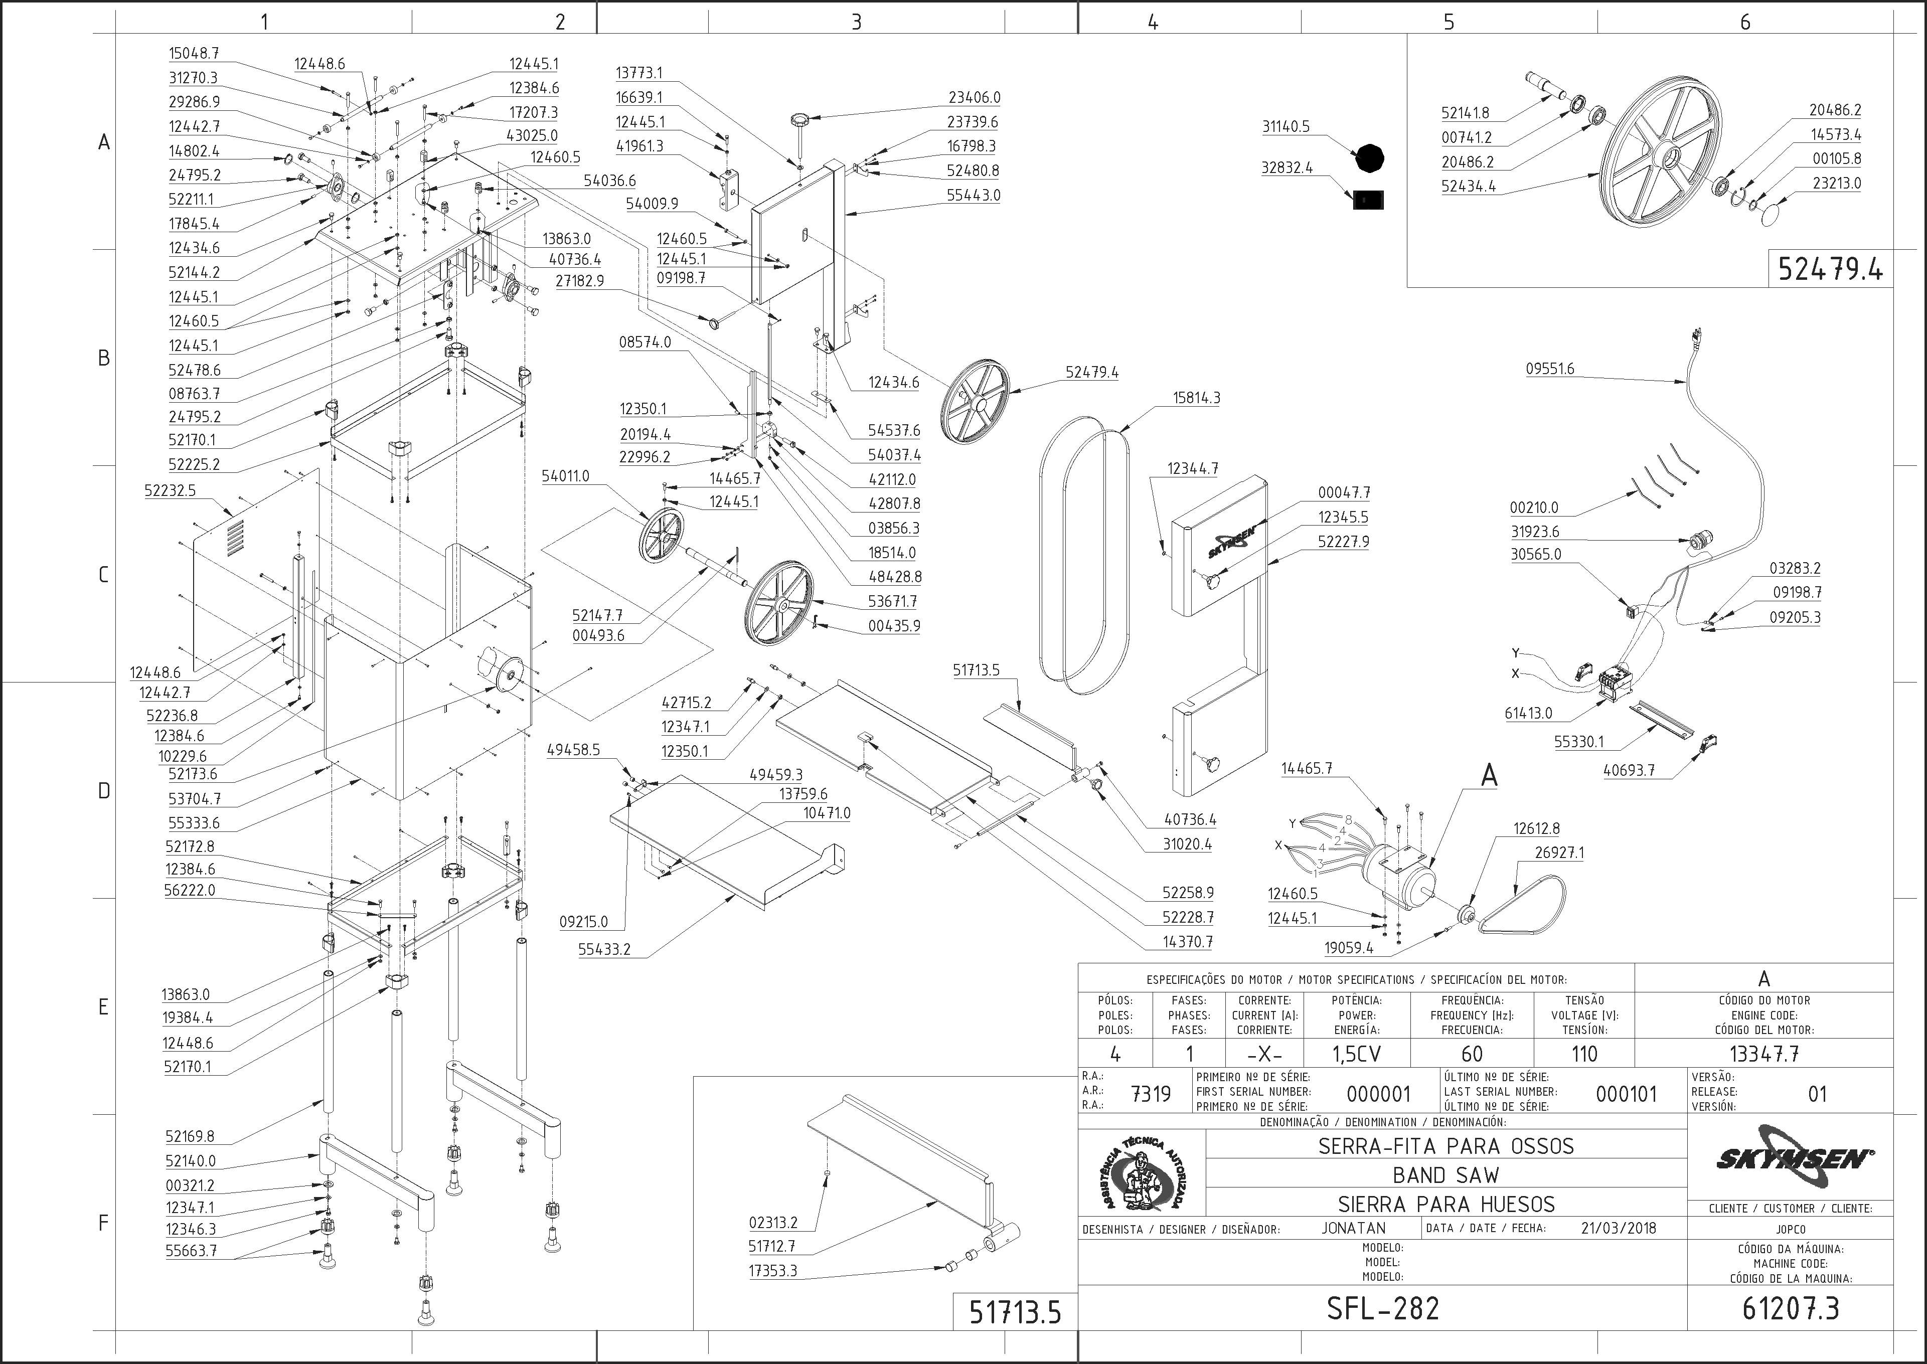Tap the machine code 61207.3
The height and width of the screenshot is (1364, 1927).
click(1791, 1308)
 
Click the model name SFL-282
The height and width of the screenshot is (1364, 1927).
click(1383, 1308)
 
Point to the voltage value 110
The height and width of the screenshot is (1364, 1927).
click(1584, 1053)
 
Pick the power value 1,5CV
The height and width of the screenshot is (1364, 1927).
click(1357, 1053)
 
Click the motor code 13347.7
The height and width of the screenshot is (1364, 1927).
click(1764, 1053)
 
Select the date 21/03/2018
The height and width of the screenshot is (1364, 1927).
click(1619, 1228)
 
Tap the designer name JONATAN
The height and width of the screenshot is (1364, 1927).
click(1353, 1228)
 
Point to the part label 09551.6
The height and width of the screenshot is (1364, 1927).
click(1550, 369)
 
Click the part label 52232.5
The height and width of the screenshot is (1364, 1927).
click(170, 490)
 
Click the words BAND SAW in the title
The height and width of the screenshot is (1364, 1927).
click(1446, 1175)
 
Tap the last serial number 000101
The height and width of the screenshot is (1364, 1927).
click(1626, 1094)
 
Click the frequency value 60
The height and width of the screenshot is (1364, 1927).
click(1472, 1053)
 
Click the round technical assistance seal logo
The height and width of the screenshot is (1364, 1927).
click(1143, 1174)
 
